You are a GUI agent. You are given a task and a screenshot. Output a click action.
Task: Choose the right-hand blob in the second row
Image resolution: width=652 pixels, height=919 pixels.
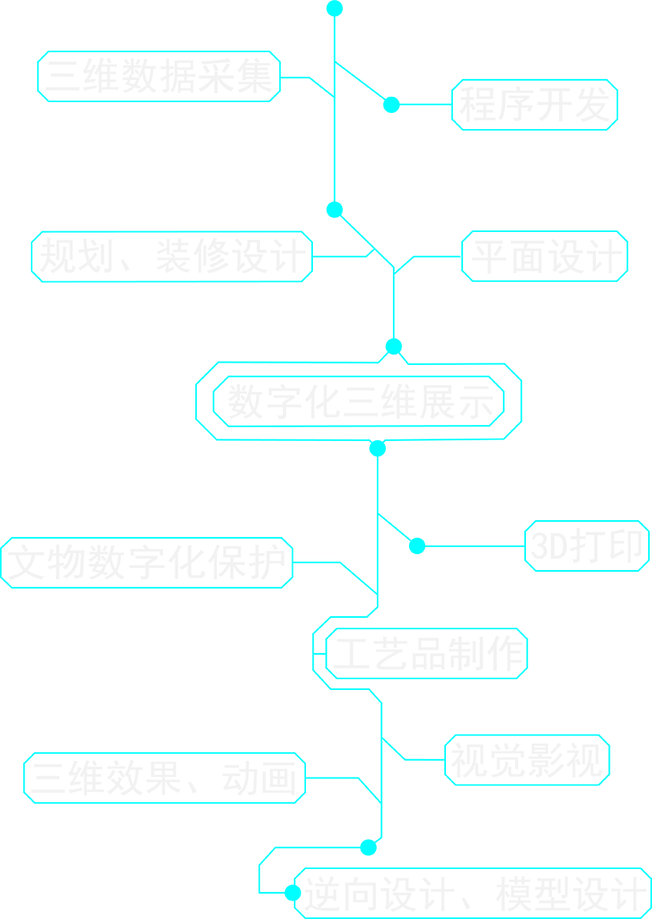[x=546, y=256]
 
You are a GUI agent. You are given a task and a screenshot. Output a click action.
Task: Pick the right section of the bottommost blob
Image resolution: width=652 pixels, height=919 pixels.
[x=565, y=893]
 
